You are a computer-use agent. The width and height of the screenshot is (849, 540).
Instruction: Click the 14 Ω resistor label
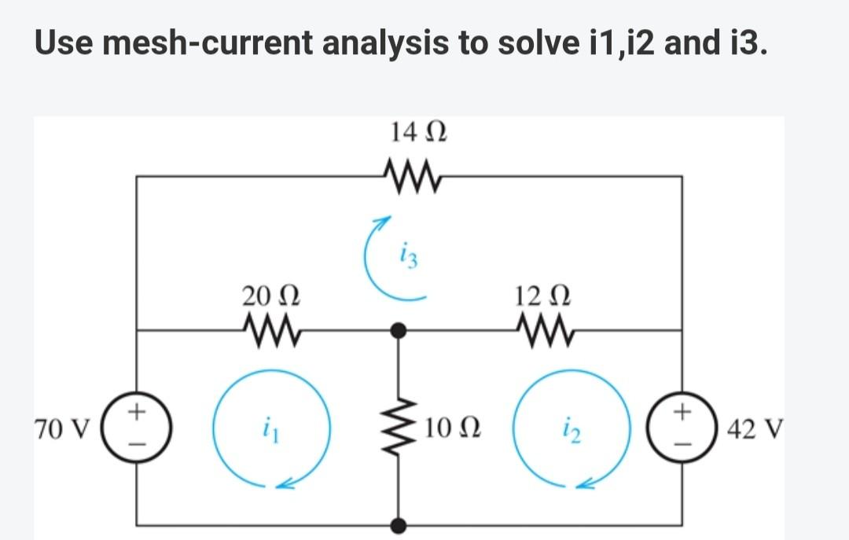tap(418, 131)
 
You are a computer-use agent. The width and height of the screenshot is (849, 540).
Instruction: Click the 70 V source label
tap(63, 430)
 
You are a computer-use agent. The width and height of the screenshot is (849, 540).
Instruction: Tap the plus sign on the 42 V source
tap(682, 410)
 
